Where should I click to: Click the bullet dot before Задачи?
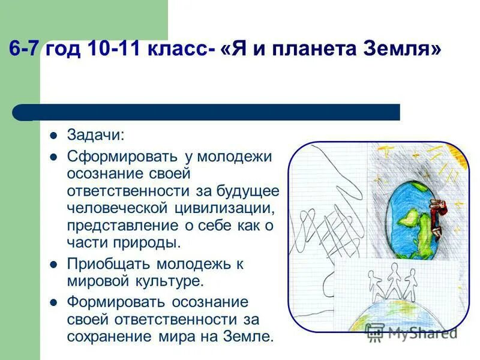coord(53,136)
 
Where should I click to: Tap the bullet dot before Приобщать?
coord(53,263)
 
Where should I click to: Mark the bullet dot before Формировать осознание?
coord(53,301)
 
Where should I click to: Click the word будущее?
coord(247,191)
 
